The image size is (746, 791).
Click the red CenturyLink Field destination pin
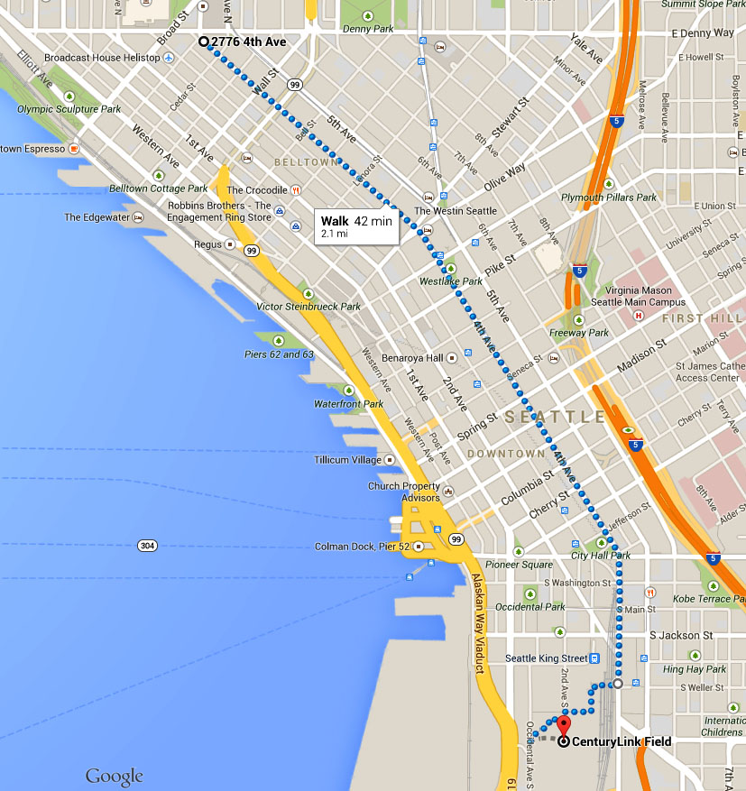pos(564,726)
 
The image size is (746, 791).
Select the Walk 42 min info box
pos(356,226)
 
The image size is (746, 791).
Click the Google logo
pos(115,776)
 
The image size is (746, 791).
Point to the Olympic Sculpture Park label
pos(69,109)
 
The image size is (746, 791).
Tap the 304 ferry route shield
pos(148,545)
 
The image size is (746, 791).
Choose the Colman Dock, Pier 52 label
pos(363,547)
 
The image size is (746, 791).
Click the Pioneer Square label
pos(519,565)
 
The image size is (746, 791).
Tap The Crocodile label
pos(257,190)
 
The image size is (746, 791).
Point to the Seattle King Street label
pos(547,658)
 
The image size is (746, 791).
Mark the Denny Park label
pos(368,29)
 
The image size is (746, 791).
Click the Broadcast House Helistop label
pos(102,58)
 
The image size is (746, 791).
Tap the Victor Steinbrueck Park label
pos(309,307)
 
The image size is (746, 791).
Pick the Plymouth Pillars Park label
pos(609,197)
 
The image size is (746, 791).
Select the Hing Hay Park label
pos(695,669)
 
